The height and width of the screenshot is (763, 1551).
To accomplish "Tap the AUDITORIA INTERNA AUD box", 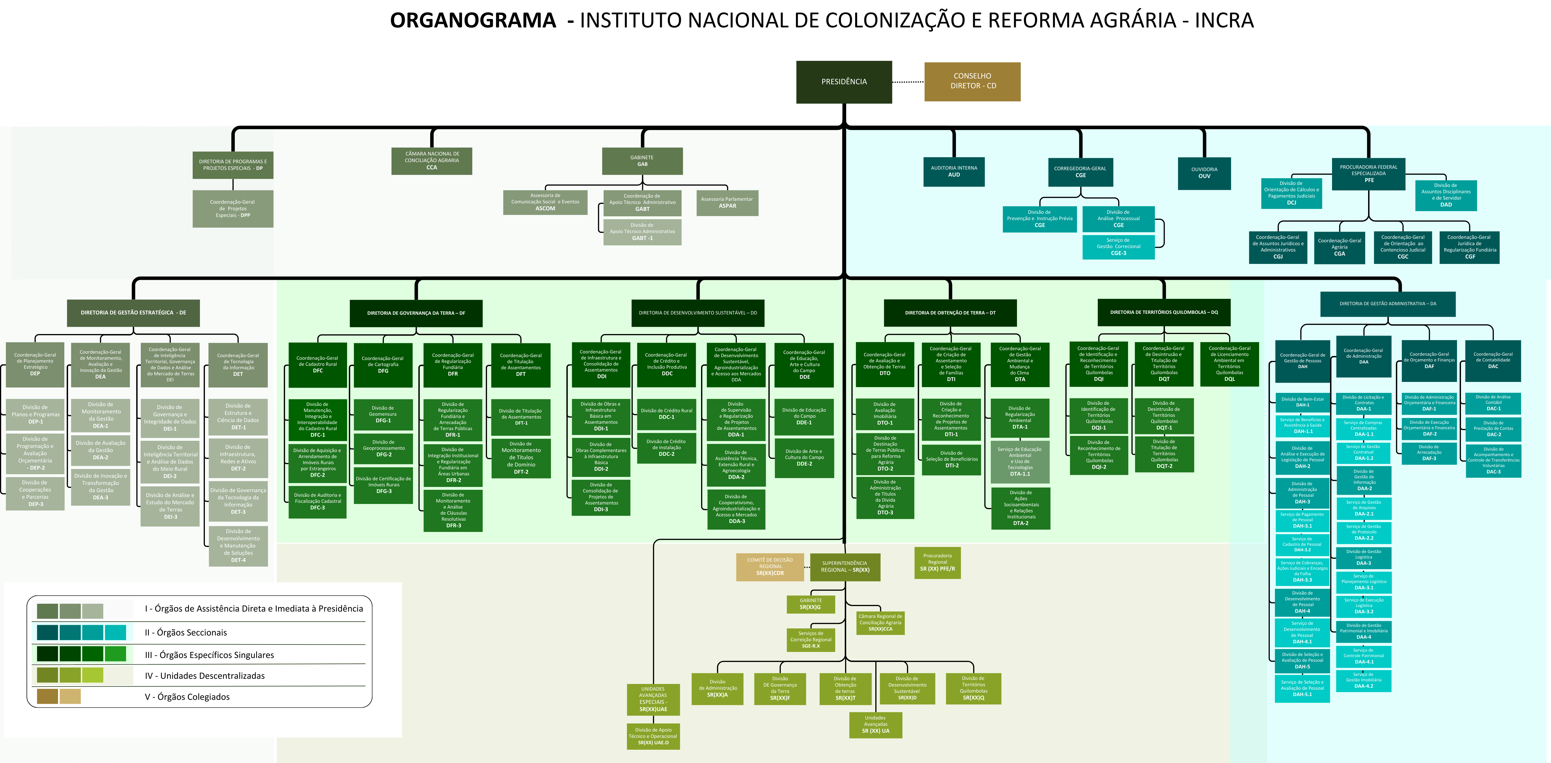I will [x=954, y=172].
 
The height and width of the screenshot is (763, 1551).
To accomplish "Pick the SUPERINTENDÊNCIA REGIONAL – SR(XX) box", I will [x=845, y=567].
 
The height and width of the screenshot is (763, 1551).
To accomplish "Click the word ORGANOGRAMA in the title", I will [x=473, y=20].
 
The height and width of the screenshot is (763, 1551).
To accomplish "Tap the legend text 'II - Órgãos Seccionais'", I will [x=186, y=632].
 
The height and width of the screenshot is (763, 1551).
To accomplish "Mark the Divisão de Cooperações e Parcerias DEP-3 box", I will [x=35, y=493].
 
